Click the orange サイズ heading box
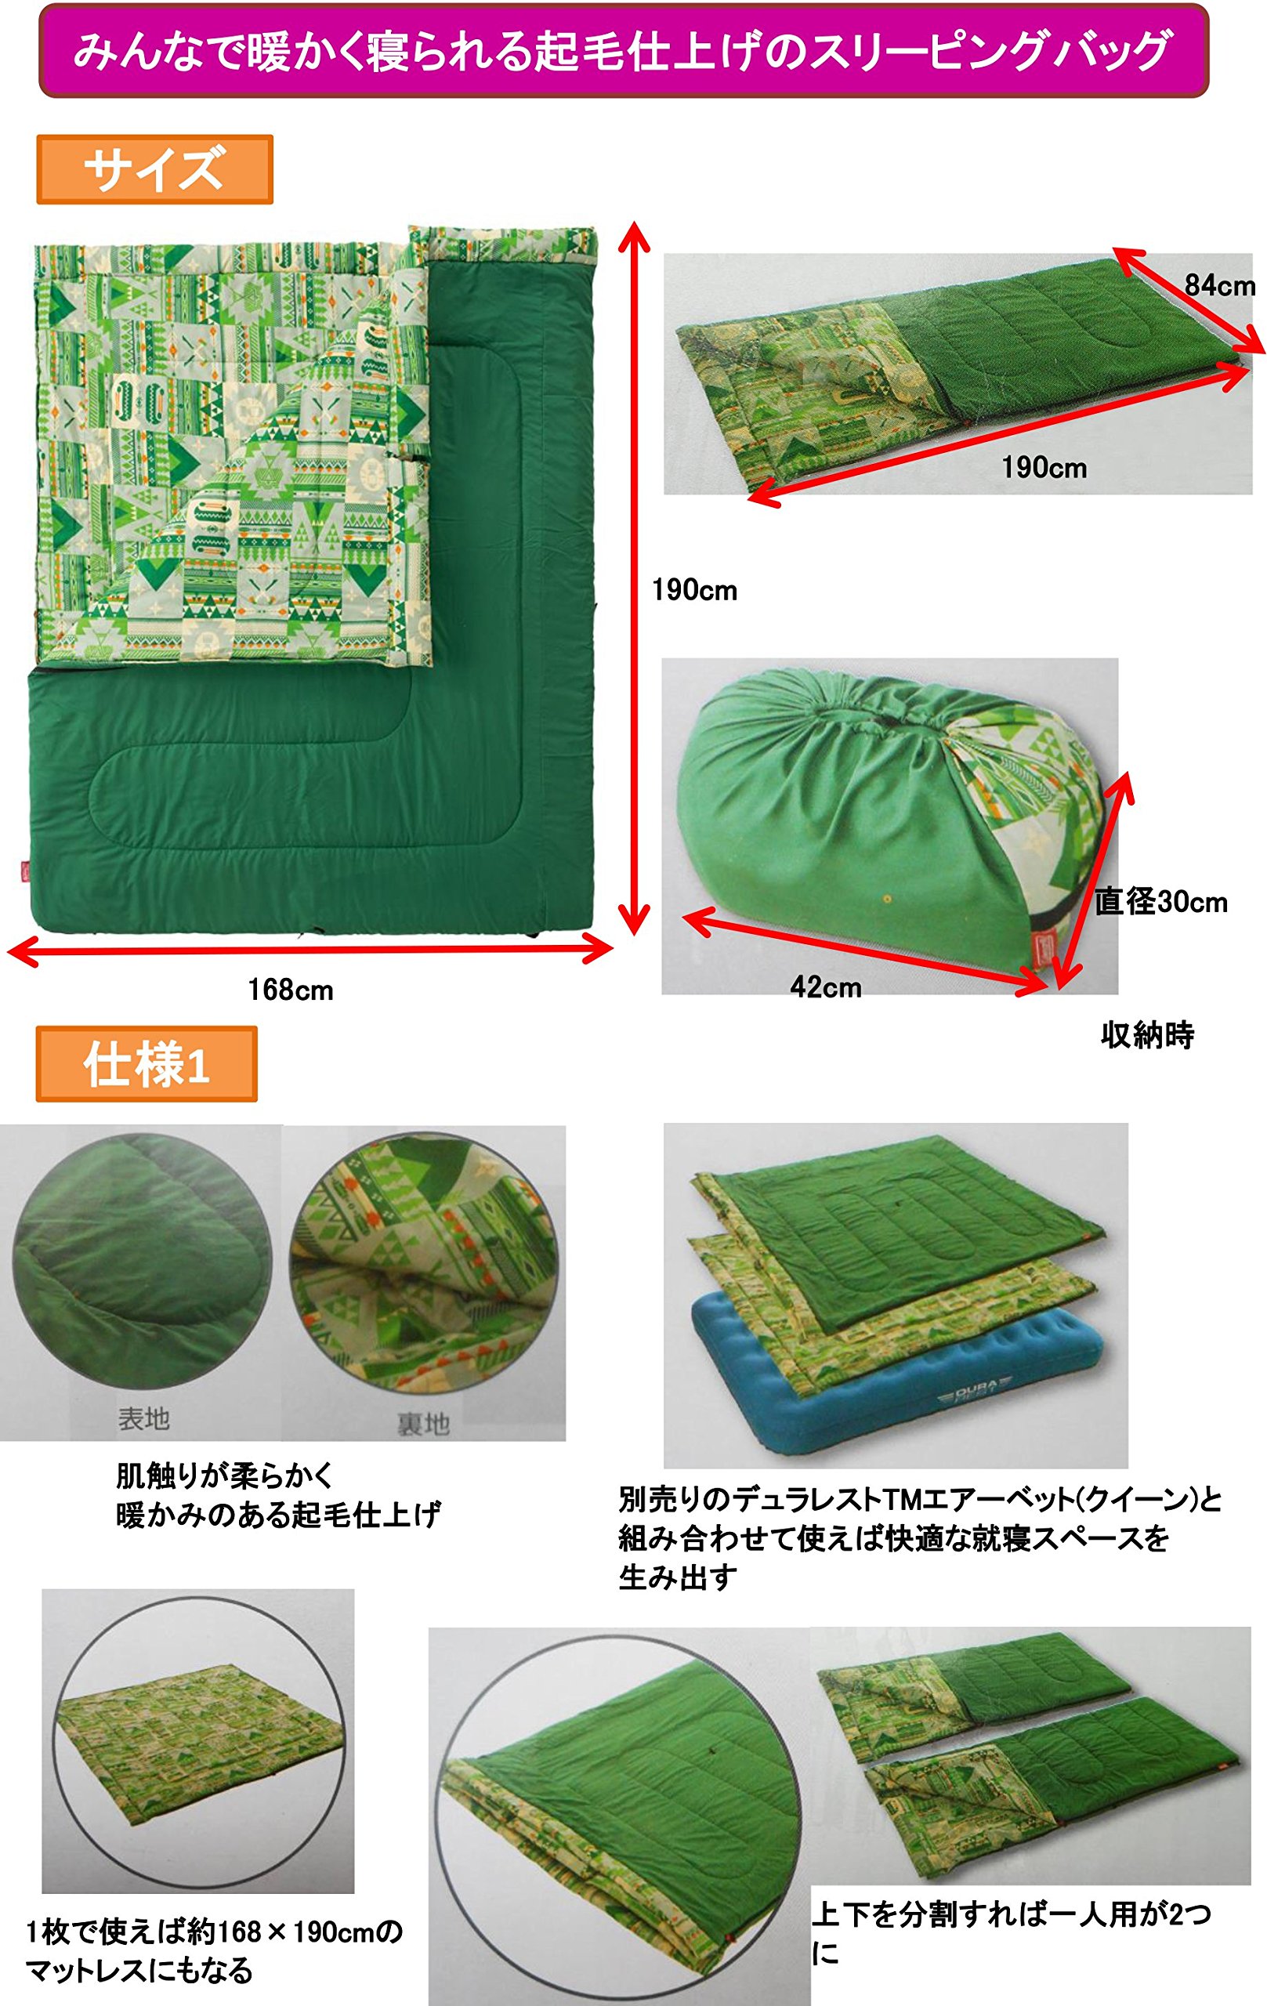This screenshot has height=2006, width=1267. (x=155, y=169)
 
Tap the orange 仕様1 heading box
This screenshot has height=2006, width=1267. (x=147, y=1064)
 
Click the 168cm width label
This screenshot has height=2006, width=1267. (x=291, y=990)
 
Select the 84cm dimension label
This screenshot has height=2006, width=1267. (x=1219, y=286)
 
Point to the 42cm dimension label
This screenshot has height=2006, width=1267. (x=826, y=987)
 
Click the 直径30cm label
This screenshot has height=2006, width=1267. (x=1161, y=901)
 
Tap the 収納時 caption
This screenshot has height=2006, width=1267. (x=1147, y=1035)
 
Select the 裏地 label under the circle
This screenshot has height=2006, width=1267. (x=423, y=1424)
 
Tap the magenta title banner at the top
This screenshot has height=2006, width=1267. (x=623, y=51)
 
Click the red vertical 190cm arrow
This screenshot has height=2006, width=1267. (x=635, y=578)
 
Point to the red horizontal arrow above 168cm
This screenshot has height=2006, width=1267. (x=310, y=949)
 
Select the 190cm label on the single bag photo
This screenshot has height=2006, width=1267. (x=1044, y=467)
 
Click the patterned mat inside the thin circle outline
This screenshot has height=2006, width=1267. (x=198, y=1746)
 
